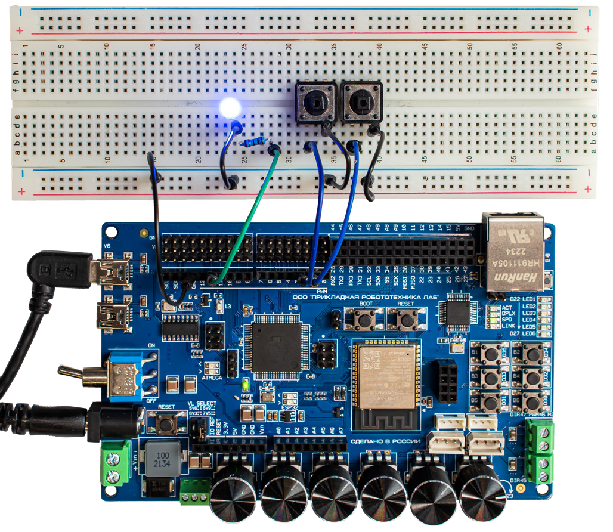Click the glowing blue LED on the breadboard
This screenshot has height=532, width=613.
pos(230,108)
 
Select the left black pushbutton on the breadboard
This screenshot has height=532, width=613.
pos(312,103)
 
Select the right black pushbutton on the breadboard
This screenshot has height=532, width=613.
pos(360,103)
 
